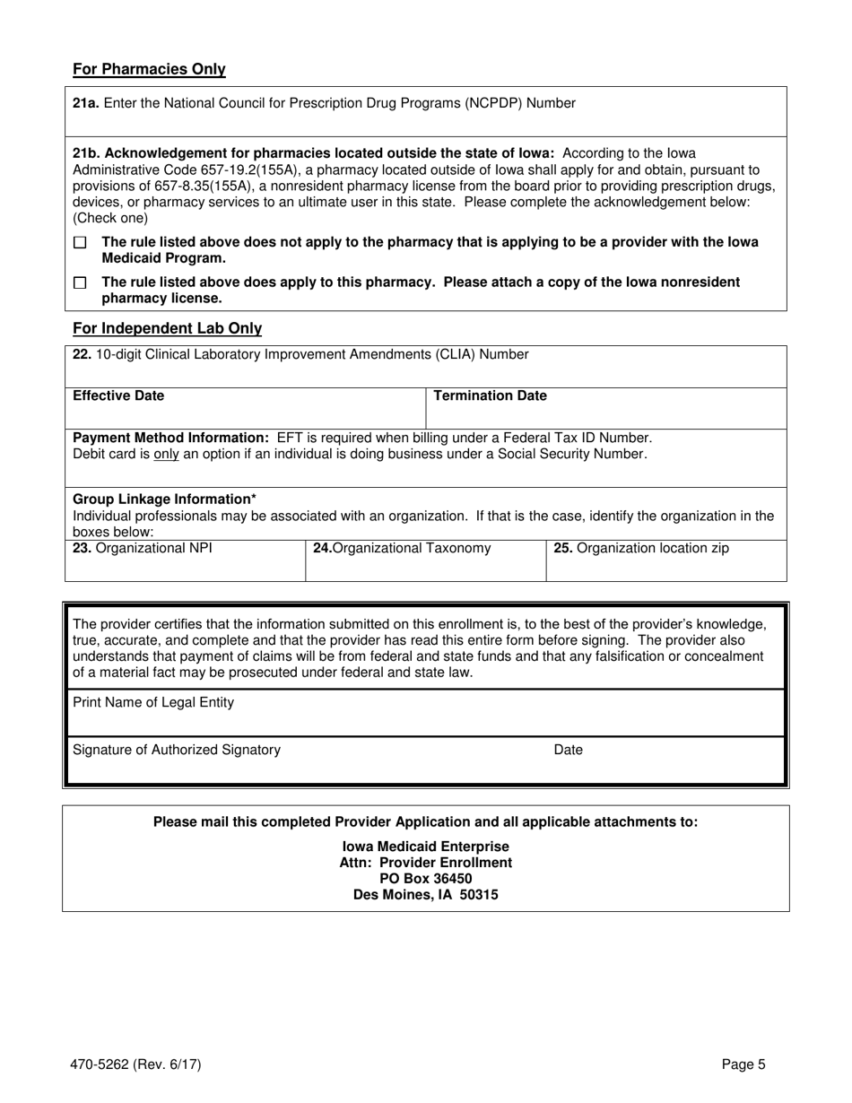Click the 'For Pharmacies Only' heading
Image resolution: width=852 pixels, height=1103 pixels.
pos(149,70)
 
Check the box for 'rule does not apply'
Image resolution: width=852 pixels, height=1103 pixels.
pos(80,243)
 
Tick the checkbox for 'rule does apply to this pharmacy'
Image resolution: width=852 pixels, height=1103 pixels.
pos(80,282)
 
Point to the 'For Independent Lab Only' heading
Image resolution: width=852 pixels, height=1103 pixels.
pos(167,329)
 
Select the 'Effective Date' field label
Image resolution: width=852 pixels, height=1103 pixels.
pos(118,395)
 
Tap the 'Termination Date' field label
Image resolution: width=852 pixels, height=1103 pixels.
pos(490,395)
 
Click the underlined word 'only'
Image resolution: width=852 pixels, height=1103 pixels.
pos(167,455)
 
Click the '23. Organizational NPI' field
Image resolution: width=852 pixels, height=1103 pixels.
pos(185,561)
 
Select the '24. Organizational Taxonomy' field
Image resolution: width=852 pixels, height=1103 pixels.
pos(425,561)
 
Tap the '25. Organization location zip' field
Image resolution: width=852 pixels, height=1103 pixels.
pos(666,561)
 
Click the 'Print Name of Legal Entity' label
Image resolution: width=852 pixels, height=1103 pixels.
pos(153,703)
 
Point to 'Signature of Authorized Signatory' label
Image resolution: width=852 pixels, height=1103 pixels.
pos(177,750)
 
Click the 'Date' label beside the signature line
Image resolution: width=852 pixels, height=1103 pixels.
pos(568,750)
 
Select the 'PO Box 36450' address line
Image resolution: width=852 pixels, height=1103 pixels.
pos(426,879)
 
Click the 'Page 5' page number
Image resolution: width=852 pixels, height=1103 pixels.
pos(743,1065)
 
